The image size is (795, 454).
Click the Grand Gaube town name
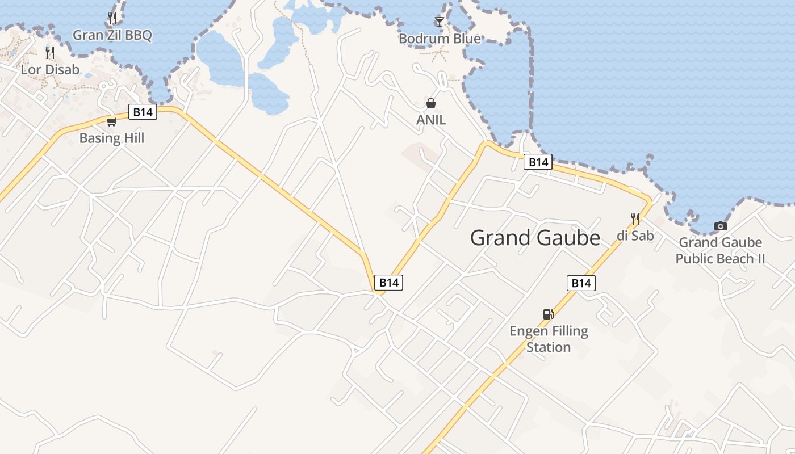(x=535, y=238)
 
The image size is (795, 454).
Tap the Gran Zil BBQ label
(x=112, y=35)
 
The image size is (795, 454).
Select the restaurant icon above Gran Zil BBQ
(x=112, y=18)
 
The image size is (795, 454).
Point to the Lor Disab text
(x=50, y=69)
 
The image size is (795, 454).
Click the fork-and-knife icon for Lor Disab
(x=50, y=53)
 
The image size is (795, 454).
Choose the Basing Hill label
(x=112, y=138)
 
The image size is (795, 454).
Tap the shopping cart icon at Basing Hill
(x=112, y=121)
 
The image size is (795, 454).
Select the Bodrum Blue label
(x=440, y=39)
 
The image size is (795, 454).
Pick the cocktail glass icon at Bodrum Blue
(x=440, y=22)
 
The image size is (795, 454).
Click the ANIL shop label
(x=431, y=120)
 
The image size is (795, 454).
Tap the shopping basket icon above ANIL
(x=431, y=103)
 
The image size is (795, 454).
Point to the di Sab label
(x=635, y=235)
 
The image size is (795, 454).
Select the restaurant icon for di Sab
(x=635, y=218)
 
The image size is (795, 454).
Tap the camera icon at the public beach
(x=720, y=226)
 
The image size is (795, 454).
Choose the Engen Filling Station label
(x=549, y=339)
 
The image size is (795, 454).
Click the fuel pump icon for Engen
(x=548, y=314)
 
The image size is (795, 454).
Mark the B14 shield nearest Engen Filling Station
(x=581, y=283)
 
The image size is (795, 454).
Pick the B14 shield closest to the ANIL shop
(x=537, y=162)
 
